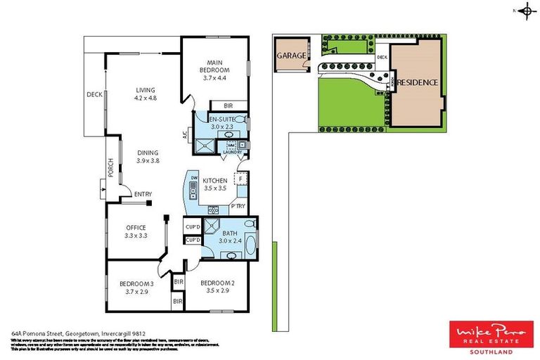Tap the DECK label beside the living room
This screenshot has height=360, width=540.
coord(94,94)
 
